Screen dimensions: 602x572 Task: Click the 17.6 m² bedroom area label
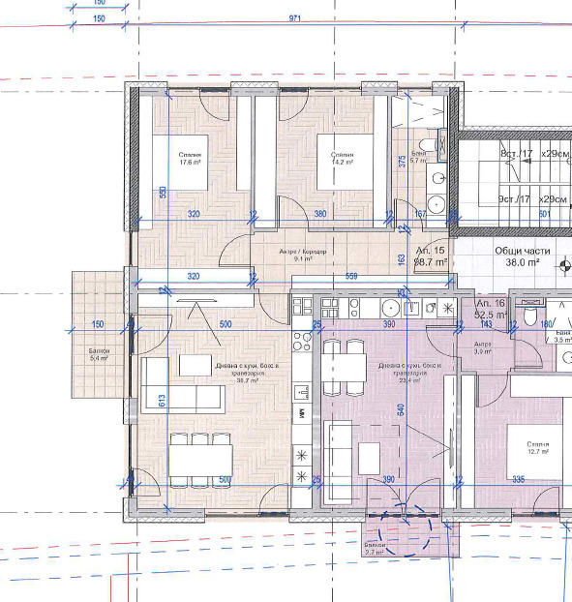(190, 159)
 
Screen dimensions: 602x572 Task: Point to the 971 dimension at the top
(296, 18)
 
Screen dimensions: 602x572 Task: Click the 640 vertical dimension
(400, 409)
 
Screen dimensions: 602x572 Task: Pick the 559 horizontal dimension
(351, 277)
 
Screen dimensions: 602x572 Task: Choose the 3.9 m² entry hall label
(482, 348)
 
